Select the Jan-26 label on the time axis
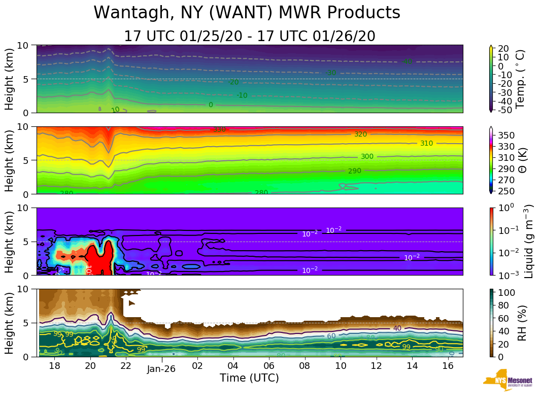pos(161,369)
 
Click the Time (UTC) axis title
pos(249,378)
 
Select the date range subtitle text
pos(249,36)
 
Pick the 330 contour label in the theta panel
pos(219,130)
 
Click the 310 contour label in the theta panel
pos(426,144)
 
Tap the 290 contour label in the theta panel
pos(354,171)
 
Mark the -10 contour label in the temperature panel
pos(242,95)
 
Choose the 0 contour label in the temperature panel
pos(211,105)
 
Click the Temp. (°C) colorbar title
pos(521,79)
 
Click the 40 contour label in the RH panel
pos(397,328)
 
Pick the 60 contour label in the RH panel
pos(331,336)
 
